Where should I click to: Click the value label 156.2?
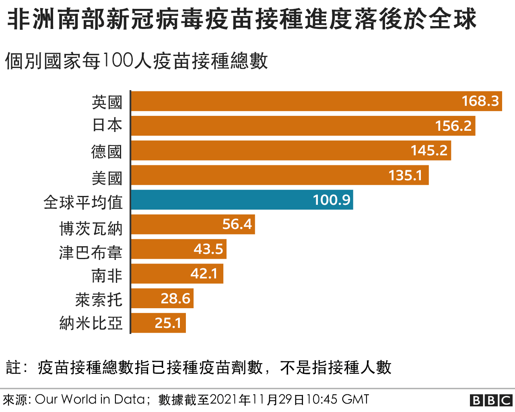pyautogui.click(x=453, y=126)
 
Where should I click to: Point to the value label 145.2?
pyautogui.click(x=429, y=150)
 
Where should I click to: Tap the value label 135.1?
pyautogui.click(x=406, y=175)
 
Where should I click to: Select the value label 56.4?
pyautogui.click(x=237, y=224)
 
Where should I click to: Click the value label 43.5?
pyautogui.click(x=208, y=249)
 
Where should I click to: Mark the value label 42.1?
pyautogui.click(x=204, y=274)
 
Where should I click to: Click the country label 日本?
pyautogui.click(x=107, y=126)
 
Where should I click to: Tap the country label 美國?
pyautogui.click(x=107, y=178)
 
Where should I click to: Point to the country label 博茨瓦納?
pyautogui.click(x=91, y=229)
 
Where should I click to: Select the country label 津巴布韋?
pyautogui.click(x=91, y=253)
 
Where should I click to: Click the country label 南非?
pyautogui.click(x=107, y=276)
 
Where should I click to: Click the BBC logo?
pyautogui.click(x=491, y=400)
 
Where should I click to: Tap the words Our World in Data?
pyautogui.click(x=90, y=400)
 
